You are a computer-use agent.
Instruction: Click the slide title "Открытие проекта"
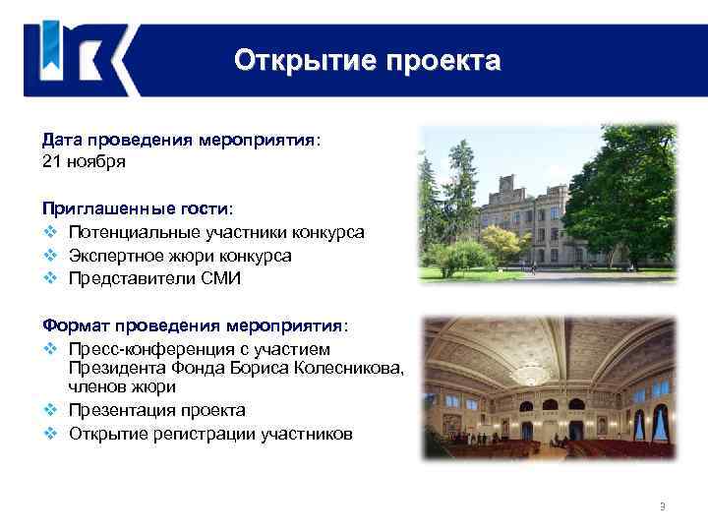tap(367, 61)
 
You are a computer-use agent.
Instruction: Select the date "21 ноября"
tap(84, 160)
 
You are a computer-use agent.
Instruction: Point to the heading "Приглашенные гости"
tap(136, 209)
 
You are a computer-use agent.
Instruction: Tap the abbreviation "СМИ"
tap(219, 278)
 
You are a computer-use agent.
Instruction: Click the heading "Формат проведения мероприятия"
tap(193, 324)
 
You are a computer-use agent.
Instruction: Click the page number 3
tap(662, 506)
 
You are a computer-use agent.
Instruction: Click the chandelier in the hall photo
tap(535, 374)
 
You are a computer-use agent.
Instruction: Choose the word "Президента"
tap(116, 368)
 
